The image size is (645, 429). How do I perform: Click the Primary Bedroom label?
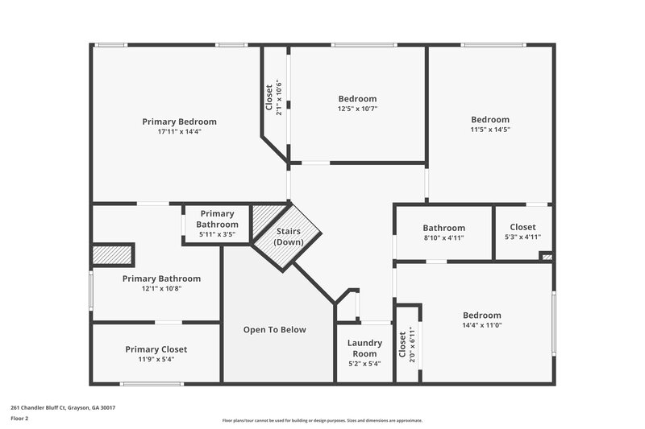pyautogui.click(x=179, y=122)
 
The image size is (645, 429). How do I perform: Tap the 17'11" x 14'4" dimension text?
pyautogui.click(x=179, y=131)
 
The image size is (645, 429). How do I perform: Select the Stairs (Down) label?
pyautogui.click(x=288, y=237)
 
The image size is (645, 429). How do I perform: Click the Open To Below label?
pyautogui.click(x=275, y=330)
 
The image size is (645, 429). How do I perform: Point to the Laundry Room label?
pyautogui.click(x=364, y=349)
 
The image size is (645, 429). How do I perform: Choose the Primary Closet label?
pyautogui.click(x=156, y=349)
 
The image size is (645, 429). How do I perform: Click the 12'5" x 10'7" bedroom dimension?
pyautogui.click(x=357, y=109)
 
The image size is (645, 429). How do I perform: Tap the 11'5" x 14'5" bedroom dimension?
pyautogui.click(x=490, y=130)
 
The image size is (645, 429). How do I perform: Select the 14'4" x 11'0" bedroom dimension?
pyautogui.click(x=481, y=325)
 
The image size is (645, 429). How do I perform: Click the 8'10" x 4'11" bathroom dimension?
pyautogui.click(x=443, y=237)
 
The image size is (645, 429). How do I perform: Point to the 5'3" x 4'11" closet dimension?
pyautogui.click(x=522, y=237)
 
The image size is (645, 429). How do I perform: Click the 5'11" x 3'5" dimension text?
pyautogui.click(x=217, y=234)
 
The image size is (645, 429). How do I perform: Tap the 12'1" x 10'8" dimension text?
pyautogui.click(x=161, y=288)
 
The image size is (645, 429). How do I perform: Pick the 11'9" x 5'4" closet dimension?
pyautogui.click(x=156, y=359)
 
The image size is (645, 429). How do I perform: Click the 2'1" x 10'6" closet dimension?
pyautogui.click(x=279, y=97)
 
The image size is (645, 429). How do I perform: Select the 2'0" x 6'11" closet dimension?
pyautogui.click(x=412, y=344)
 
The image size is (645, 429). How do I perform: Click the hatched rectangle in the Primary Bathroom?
pyautogui.click(x=112, y=254)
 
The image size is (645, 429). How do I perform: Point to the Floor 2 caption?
pyautogui.click(x=20, y=419)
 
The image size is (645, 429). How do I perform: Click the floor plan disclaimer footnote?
pyautogui.click(x=322, y=420)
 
